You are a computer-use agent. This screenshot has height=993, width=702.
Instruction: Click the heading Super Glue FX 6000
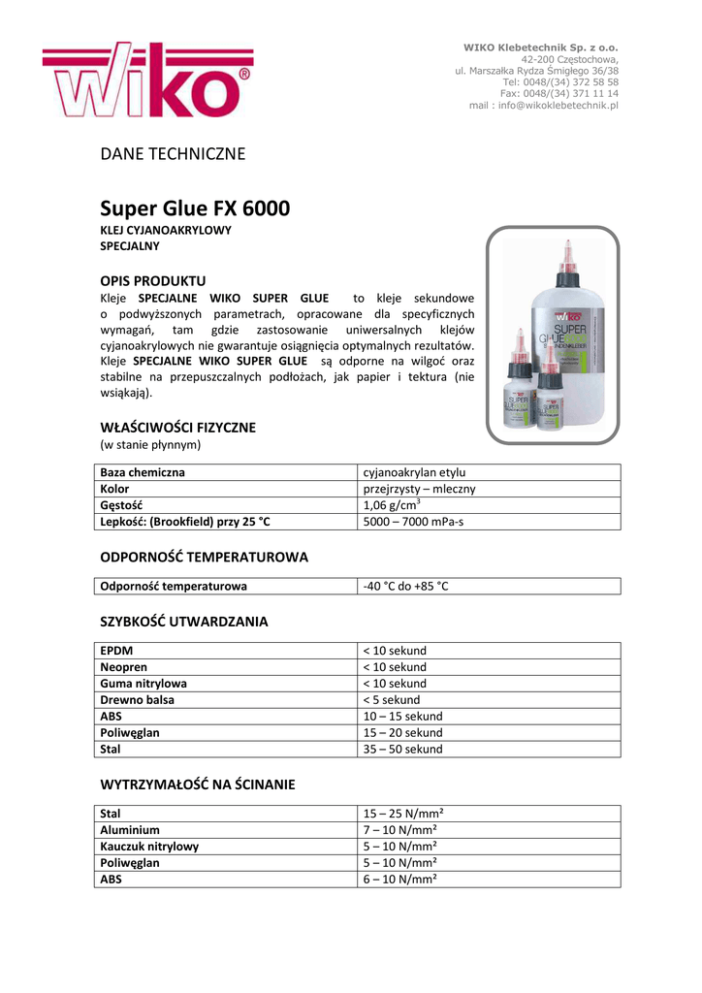point(195,208)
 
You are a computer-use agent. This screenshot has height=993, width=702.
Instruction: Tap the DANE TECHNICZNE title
point(174,153)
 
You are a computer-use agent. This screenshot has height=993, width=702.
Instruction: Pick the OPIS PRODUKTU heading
point(153,280)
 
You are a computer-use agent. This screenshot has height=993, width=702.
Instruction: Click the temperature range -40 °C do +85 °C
point(406,586)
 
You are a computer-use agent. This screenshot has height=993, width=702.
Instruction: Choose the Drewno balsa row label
point(138,699)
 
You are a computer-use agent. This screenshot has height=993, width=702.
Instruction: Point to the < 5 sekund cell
point(392,699)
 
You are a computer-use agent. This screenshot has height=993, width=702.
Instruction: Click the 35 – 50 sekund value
point(402,749)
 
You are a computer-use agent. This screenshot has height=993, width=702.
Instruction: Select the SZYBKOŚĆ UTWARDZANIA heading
point(184,621)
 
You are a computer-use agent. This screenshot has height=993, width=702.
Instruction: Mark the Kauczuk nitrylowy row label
point(149,847)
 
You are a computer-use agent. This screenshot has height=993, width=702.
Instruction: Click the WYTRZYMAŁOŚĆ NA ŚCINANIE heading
point(198,784)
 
